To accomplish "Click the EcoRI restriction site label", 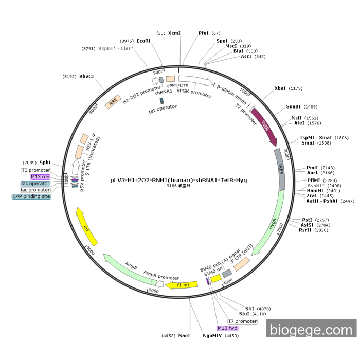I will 143,41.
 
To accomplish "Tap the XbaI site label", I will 280,88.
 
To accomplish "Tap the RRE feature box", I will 112,103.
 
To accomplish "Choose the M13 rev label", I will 40,177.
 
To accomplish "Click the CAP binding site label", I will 31,196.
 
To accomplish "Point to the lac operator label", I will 35,184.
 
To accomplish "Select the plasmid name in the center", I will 178,180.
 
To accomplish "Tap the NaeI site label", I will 184,335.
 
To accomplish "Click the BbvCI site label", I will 86,76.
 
